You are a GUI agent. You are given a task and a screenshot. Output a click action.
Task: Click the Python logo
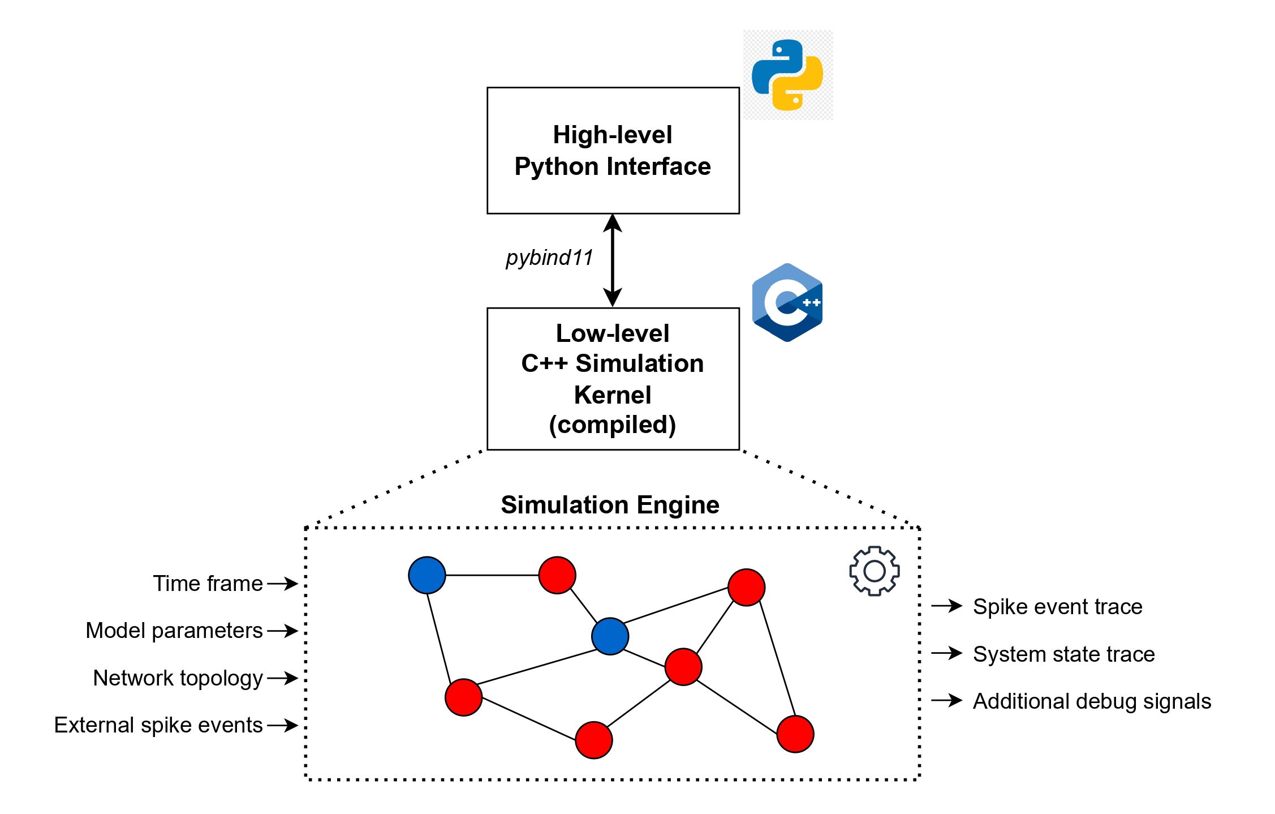pos(787,75)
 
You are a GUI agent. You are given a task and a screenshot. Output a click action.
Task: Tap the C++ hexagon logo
pos(787,302)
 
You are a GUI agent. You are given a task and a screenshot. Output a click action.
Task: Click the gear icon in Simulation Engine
pos(874,571)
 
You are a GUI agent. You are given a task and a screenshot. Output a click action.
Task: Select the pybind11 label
pos(549,258)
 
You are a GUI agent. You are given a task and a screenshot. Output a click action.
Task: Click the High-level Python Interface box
pos(613,151)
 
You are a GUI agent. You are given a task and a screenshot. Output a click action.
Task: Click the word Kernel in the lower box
pos(613,395)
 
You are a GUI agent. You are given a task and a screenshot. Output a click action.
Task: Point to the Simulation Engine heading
pos(610,504)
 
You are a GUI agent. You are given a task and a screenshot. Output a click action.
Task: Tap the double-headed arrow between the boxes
pos(613,260)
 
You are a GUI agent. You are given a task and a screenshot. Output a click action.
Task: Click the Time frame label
pos(208,583)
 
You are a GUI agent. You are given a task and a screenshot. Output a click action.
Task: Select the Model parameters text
pos(174,630)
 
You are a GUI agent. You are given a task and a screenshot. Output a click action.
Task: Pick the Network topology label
pos(178,678)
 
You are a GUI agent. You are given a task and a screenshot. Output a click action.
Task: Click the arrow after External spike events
pos(282,725)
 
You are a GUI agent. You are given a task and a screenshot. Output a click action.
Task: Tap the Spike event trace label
pos(1057,606)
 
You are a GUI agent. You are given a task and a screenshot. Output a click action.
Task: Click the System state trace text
pos(1063,654)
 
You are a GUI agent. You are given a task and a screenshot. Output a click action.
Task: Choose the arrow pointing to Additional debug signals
pos(946,701)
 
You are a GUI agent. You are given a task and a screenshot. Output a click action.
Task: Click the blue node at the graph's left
pos(427,575)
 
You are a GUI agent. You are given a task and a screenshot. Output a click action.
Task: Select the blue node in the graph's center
pos(610,636)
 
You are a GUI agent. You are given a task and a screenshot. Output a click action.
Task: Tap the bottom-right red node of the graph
pos(795,734)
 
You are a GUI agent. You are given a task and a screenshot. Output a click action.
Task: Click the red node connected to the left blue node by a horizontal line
pos(557,575)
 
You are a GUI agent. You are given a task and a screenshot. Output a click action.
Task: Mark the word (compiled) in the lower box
pos(613,425)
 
